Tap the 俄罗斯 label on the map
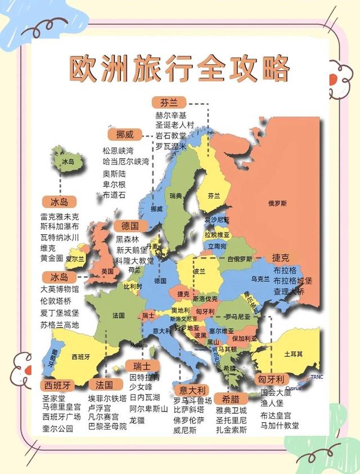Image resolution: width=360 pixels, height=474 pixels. click(x=277, y=203)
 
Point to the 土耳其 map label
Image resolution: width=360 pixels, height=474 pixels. click(x=294, y=354)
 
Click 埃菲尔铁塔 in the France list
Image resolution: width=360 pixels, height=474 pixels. click(x=107, y=398)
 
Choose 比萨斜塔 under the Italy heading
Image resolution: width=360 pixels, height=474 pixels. click(x=192, y=410)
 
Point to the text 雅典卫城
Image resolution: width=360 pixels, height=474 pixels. click(x=231, y=410)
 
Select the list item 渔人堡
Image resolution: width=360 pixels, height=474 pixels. click(x=272, y=403)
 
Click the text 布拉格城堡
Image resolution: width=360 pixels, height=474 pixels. click(x=292, y=280)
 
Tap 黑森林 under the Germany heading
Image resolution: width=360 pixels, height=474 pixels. click(x=128, y=239)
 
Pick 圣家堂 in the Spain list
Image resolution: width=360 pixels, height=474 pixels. click(x=54, y=398)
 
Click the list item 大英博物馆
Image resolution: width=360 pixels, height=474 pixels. click(x=60, y=289)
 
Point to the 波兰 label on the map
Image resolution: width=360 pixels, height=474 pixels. click(x=200, y=271)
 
